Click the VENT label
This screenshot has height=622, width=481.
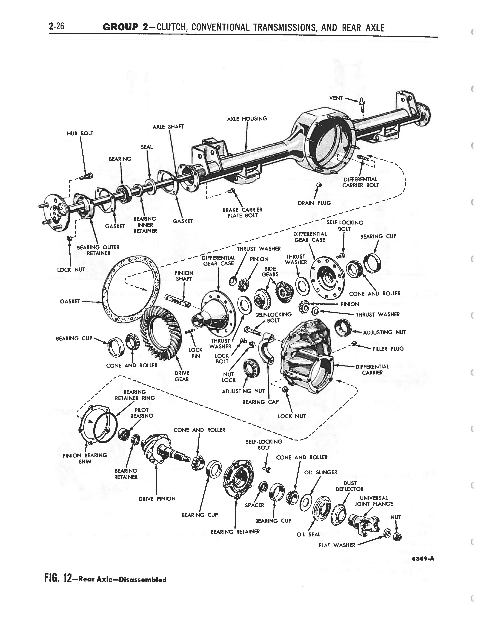(336, 98)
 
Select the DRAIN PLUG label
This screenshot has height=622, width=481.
(314, 203)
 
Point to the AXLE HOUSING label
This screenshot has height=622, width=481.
(247, 119)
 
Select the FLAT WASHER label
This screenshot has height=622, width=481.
(337, 545)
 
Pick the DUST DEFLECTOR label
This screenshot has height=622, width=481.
(349, 486)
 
